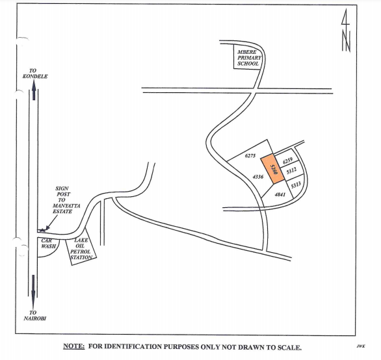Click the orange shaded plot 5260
272,169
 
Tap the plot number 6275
250,156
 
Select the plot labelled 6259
287,161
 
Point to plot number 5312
291,171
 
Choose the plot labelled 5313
296,185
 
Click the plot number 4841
280,194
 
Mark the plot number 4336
258,177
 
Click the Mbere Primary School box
248,57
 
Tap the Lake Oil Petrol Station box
81,249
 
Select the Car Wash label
48,244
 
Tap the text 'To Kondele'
35,73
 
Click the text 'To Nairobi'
34,315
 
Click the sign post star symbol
42,229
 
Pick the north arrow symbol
346,31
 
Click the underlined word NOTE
74,346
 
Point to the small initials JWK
361,346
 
